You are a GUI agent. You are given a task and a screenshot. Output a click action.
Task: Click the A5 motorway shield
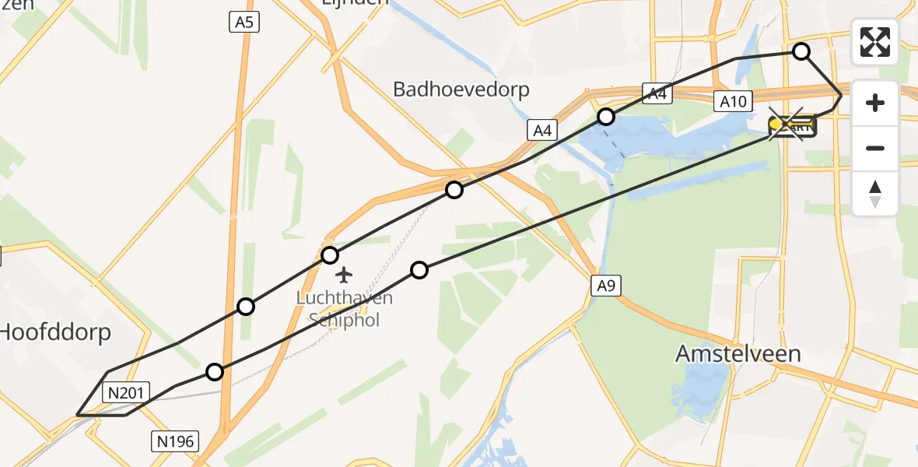click(x=244, y=23)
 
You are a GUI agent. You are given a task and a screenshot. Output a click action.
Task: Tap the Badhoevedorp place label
click(x=461, y=90)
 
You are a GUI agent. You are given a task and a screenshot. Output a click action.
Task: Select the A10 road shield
click(x=733, y=100)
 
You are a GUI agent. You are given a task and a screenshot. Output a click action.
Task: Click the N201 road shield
click(x=124, y=392)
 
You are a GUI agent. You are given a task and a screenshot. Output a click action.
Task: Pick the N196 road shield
click(x=174, y=442)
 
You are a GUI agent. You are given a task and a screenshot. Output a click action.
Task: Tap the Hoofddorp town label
click(x=54, y=332)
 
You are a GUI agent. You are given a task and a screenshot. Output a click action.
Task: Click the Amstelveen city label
click(x=738, y=353)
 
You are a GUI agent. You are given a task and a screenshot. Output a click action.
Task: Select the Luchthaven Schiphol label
click(x=344, y=308)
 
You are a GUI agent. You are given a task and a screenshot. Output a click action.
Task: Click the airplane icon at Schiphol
click(x=344, y=275)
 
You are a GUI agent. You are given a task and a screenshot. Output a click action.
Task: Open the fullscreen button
click(x=875, y=42)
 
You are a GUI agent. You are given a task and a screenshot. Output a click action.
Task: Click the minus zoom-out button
click(x=875, y=148)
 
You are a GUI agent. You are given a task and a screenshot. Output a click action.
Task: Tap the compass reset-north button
click(x=875, y=194)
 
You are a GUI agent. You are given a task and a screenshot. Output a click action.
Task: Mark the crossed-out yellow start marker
click(x=792, y=125)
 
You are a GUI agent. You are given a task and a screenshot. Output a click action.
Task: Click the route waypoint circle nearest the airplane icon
click(x=330, y=255)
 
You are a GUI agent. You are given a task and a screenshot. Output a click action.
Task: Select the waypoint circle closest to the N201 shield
click(x=215, y=372)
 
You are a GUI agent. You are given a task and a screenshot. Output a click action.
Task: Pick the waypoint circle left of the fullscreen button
click(x=801, y=51)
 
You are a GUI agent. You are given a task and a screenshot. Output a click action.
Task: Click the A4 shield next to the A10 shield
click(x=657, y=94)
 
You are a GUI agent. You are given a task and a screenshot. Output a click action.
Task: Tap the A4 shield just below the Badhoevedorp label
click(x=542, y=130)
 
